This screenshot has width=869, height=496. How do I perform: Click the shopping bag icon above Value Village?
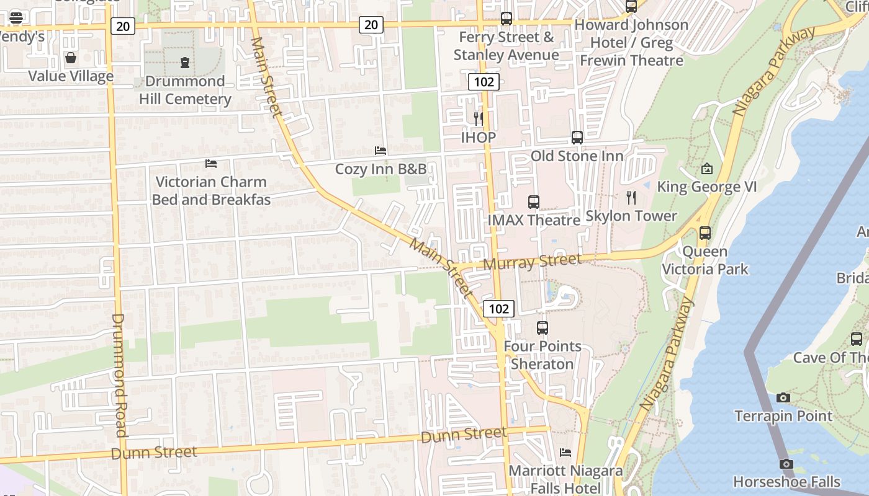pyautogui.click(x=71, y=58)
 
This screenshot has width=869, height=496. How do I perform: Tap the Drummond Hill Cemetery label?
pyautogui.click(x=185, y=90)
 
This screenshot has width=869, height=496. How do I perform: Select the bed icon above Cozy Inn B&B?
pyautogui.click(x=380, y=151)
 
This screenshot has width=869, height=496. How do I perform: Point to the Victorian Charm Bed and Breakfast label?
pyautogui.click(x=211, y=190)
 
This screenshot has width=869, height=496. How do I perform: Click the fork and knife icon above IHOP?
pyautogui.click(x=478, y=118)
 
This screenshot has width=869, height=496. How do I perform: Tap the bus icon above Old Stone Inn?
pyautogui.click(x=577, y=138)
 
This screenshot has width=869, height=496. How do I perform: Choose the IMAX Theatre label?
pyautogui.click(x=534, y=220)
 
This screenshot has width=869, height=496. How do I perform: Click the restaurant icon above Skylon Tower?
pyautogui.click(x=631, y=198)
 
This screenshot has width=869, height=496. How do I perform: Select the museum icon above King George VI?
pyautogui.click(x=707, y=169)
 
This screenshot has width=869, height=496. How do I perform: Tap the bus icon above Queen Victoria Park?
pyautogui.click(x=705, y=233)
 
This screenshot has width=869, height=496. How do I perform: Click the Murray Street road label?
pyautogui.click(x=532, y=262)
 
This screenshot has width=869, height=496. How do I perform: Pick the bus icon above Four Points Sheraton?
pyautogui.click(x=543, y=327)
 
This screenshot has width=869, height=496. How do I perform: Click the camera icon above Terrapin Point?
pyautogui.click(x=783, y=397)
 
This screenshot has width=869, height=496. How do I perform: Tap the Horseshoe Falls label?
pyautogui.click(x=786, y=482)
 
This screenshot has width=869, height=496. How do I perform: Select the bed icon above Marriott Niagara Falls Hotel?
pyautogui.click(x=565, y=453)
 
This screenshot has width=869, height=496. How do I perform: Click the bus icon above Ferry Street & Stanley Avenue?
pyautogui.click(x=507, y=19)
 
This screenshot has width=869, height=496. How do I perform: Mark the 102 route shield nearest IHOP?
pyautogui.click(x=484, y=82)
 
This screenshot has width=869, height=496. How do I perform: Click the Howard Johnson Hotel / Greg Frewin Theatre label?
pyautogui.click(x=631, y=43)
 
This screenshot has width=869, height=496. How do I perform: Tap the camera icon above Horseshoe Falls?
pyautogui.click(x=786, y=464)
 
